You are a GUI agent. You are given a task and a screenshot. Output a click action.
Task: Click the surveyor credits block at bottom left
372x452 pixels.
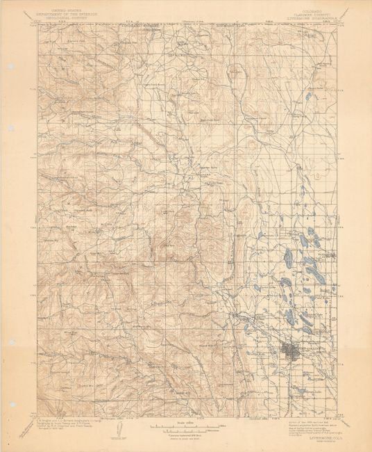tap(66, 425)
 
